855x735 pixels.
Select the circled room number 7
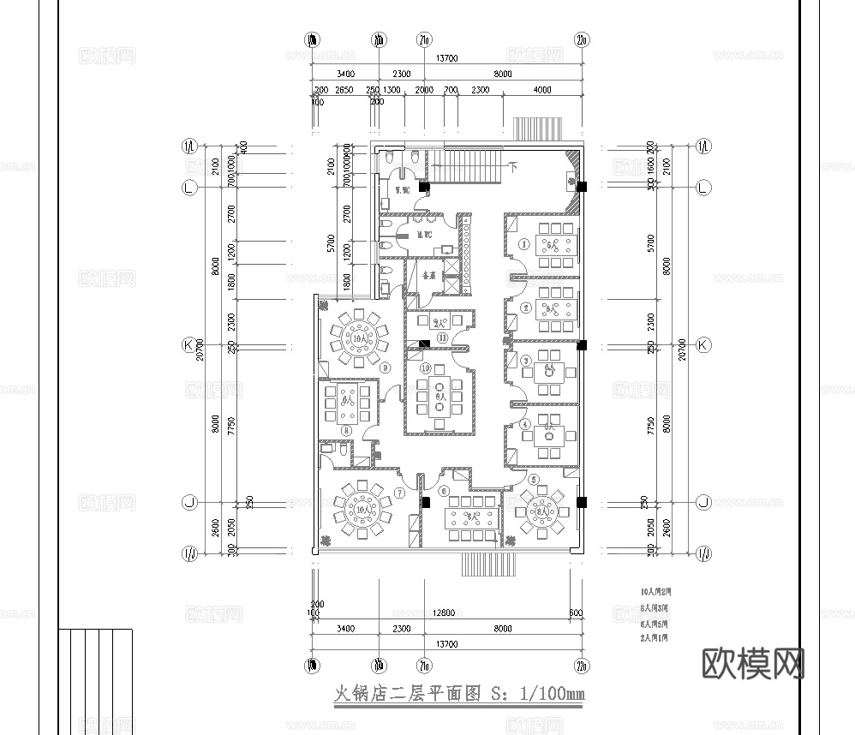click(399, 493)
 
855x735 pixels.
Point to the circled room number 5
click(533, 480)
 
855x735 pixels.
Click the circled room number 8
click(347, 430)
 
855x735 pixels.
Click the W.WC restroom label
click(399, 188)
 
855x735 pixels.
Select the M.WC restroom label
click(422, 235)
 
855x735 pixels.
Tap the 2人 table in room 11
click(440, 323)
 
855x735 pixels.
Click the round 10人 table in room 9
click(359, 338)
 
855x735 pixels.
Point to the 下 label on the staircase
click(513, 164)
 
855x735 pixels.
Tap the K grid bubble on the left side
click(189, 345)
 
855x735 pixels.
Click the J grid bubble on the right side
click(703, 502)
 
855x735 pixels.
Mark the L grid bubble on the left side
click(189, 187)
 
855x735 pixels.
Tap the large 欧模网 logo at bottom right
click(753, 662)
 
